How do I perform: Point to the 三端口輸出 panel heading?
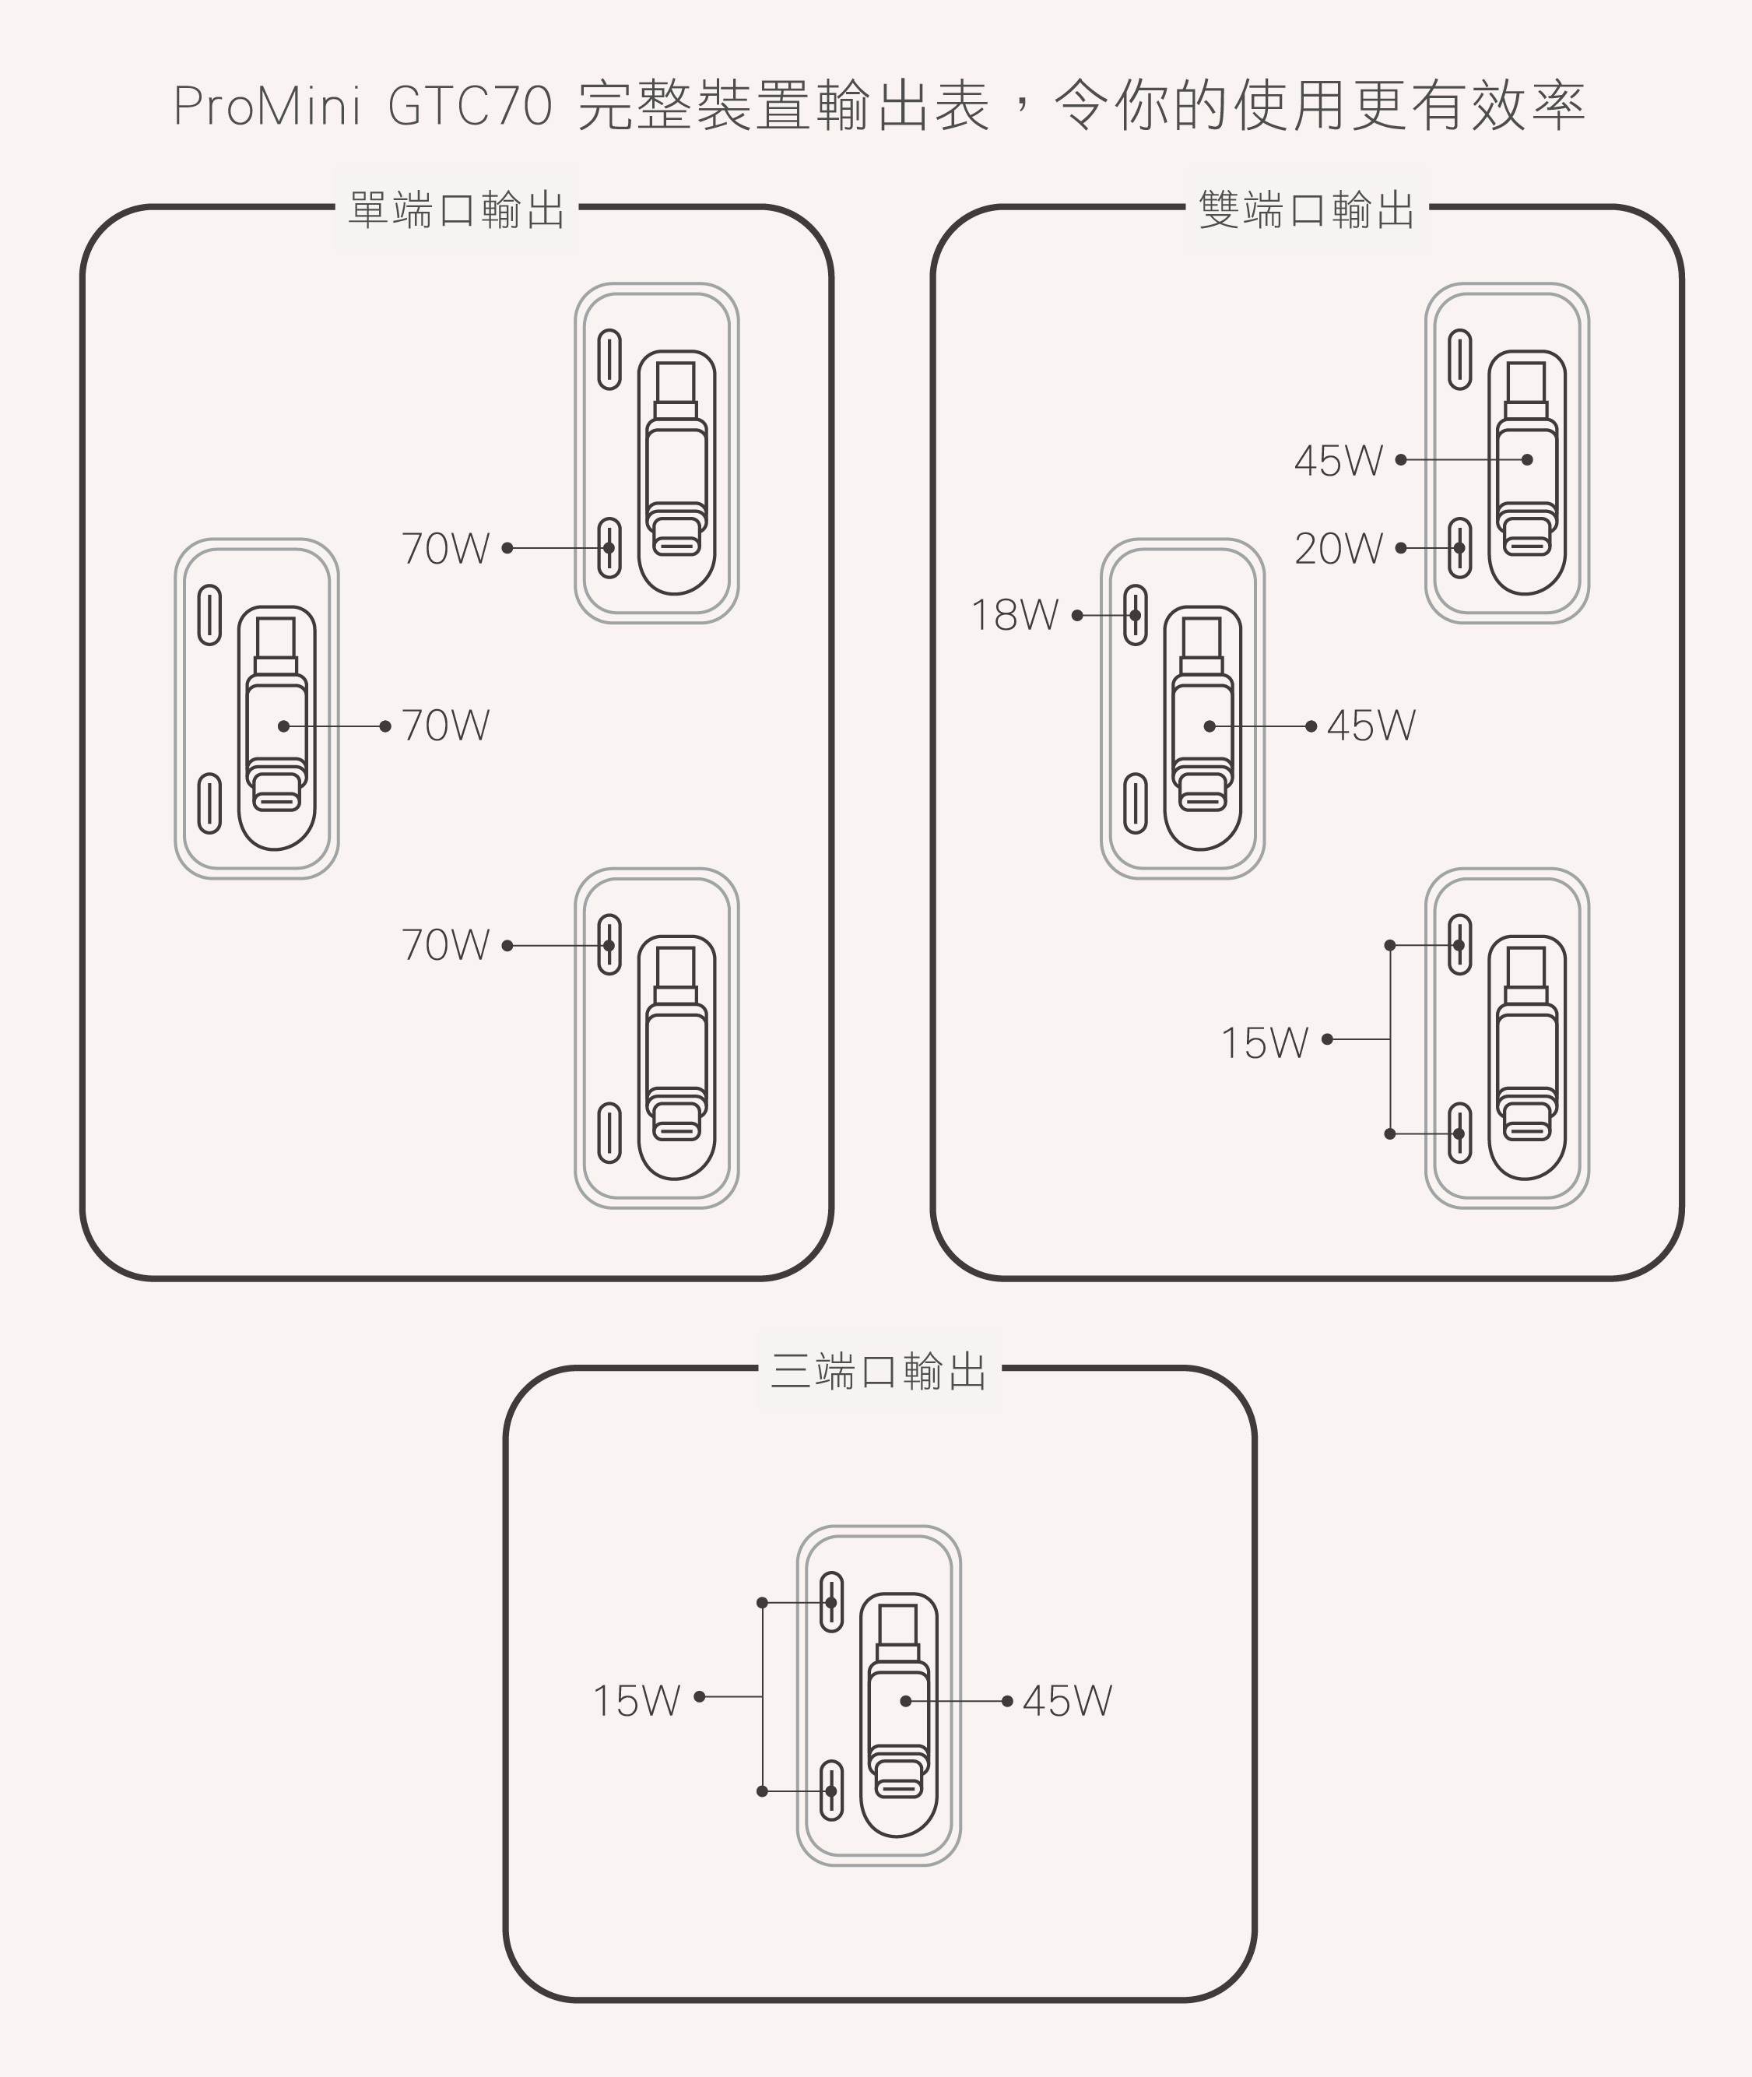pyautogui.click(x=878, y=1372)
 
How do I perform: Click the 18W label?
pyautogui.click(x=1014, y=616)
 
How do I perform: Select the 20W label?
pyautogui.click(x=1338, y=548)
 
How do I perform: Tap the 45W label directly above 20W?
pyautogui.click(x=1338, y=461)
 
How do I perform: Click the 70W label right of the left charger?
pyautogui.click(x=446, y=726)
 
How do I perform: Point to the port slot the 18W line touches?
pyautogui.click(x=1136, y=616)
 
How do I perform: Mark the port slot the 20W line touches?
pyautogui.click(x=1460, y=547)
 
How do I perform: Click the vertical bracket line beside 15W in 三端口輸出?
pyautogui.click(x=763, y=1696)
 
